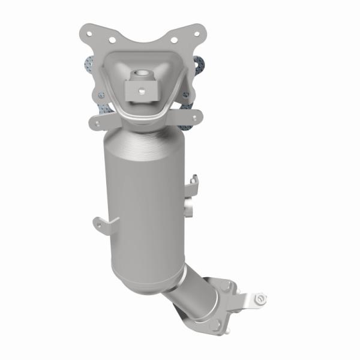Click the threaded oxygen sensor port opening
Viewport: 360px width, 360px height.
(x=144, y=73)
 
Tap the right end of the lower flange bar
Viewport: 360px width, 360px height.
(x=196, y=114)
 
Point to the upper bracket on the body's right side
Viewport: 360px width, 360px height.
(x=193, y=183)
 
